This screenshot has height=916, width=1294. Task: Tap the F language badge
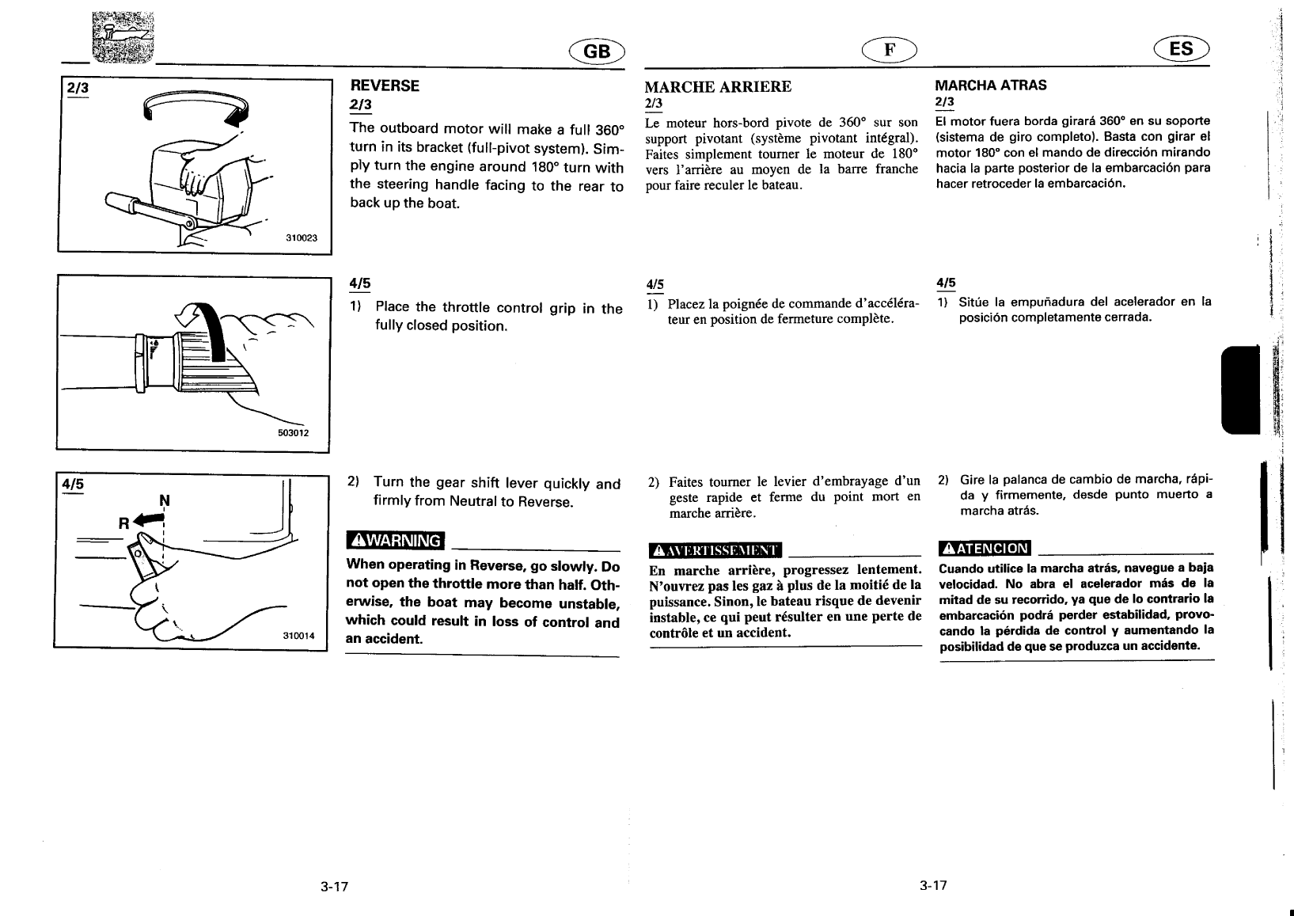pyautogui.click(x=890, y=50)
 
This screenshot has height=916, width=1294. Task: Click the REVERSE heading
pyautogui.click(x=385, y=86)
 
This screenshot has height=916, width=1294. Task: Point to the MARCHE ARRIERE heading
pyautogui.click(x=718, y=86)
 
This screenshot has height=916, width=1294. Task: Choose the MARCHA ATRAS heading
pyautogui.click(x=990, y=85)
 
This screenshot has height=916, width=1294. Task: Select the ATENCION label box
pyautogui.click(x=984, y=548)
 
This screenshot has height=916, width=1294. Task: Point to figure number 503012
pyautogui.click(x=292, y=433)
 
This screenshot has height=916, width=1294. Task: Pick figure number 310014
pyautogui.click(x=299, y=636)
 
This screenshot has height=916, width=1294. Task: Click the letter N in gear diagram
pyautogui.click(x=165, y=500)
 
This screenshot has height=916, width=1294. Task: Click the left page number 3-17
pyautogui.click(x=335, y=886)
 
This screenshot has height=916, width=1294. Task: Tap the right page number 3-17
pyautogui.click(x=933, y=885)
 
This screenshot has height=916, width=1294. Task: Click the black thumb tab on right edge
pyautogui.click(x=1239, y=390)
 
